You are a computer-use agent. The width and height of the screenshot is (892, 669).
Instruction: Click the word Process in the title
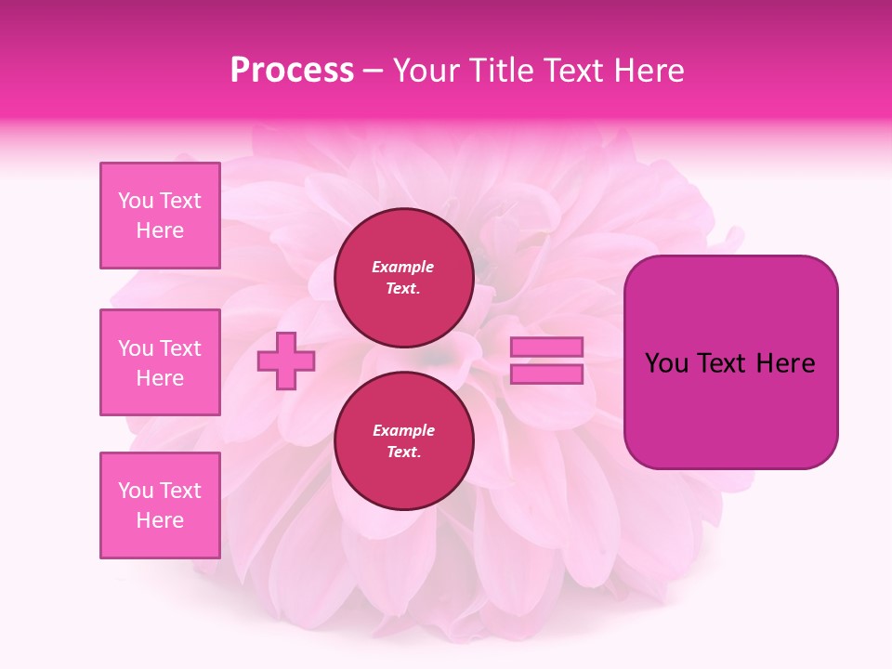(292, 71)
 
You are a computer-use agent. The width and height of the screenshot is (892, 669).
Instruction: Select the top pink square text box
(160, 216)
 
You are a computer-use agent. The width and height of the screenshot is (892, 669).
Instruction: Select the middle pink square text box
(160, 362)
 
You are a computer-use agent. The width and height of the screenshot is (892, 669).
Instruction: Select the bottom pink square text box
(160, 505)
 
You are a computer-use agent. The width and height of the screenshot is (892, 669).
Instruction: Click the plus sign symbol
(285, 361)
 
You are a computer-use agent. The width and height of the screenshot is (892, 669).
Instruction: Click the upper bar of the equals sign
(546, 347)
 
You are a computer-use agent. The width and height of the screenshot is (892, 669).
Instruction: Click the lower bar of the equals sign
(546, 374)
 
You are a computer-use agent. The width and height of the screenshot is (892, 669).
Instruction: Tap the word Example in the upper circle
(402, 267)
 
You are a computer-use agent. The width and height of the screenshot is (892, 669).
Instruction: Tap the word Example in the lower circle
(403, 430)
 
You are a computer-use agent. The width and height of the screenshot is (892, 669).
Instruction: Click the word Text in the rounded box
(722, 363)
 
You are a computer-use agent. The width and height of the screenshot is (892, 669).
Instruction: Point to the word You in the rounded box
(666, 363)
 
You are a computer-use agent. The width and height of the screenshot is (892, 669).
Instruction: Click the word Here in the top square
(160, 230)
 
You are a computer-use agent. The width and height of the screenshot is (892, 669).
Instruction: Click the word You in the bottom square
(136, 491)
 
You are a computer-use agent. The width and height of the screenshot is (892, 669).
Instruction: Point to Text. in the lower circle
(403, 453)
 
